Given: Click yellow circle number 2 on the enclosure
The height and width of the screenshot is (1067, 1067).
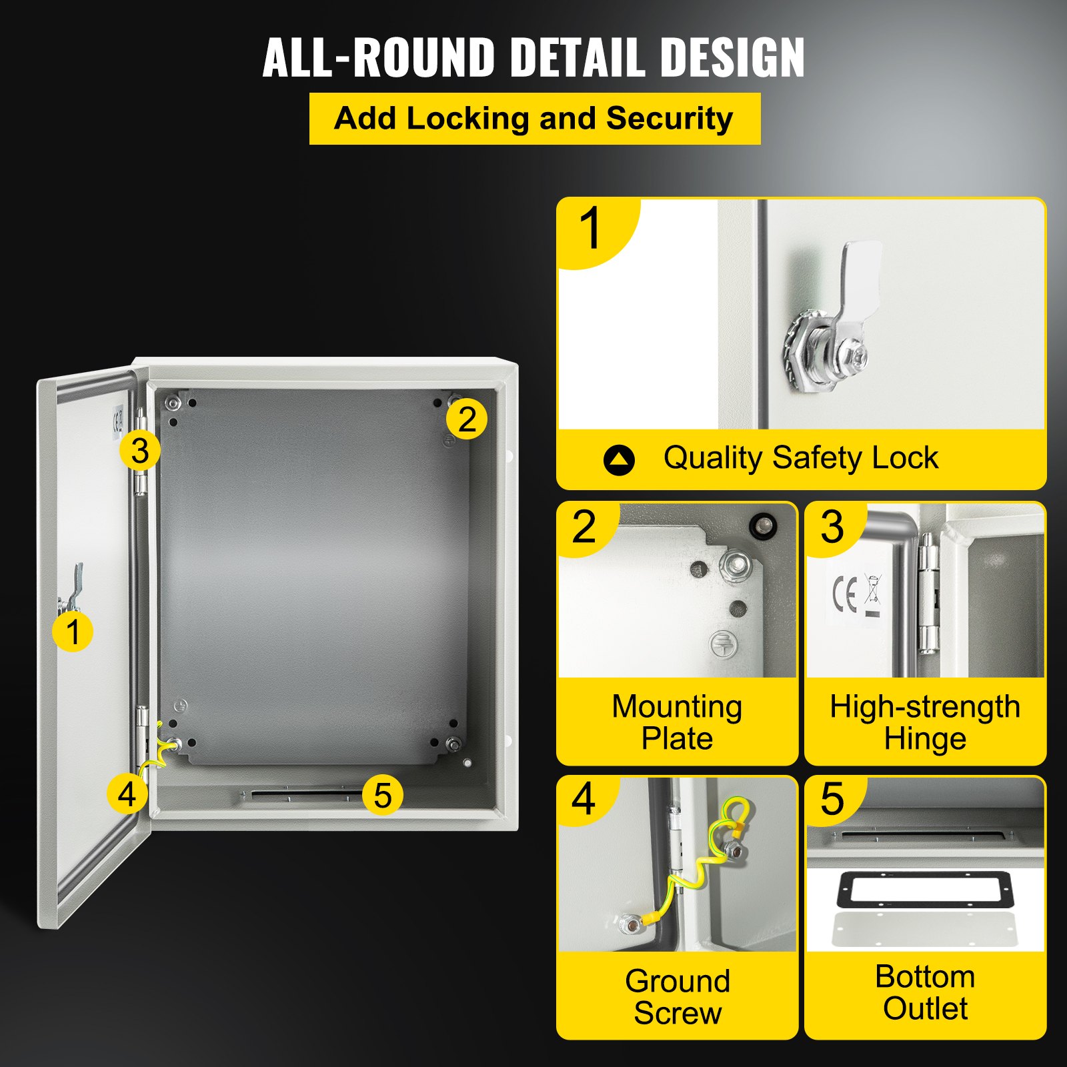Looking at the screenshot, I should pos(467,419).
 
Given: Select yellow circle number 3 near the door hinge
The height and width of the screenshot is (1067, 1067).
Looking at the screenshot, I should pos(139,451).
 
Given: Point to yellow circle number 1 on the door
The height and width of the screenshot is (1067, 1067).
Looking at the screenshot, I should pos(73,632).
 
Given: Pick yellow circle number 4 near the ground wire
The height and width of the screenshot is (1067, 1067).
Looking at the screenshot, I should pos(127,794).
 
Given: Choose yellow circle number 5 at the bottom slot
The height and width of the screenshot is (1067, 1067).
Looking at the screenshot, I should pos(382,795).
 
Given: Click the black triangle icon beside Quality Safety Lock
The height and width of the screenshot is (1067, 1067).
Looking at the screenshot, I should pos(619,459).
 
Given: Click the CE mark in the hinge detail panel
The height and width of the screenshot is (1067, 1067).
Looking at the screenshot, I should pos(845,593).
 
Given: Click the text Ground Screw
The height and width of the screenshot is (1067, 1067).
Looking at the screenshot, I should pos(678,997).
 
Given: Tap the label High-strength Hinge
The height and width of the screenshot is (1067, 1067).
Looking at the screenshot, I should pos(925,722).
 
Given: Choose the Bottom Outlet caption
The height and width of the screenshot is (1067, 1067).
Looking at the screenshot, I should pos(925,992).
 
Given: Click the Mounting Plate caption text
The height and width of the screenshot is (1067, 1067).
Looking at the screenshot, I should pos(677,722).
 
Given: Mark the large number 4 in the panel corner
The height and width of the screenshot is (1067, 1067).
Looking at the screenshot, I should pos(584,799).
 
